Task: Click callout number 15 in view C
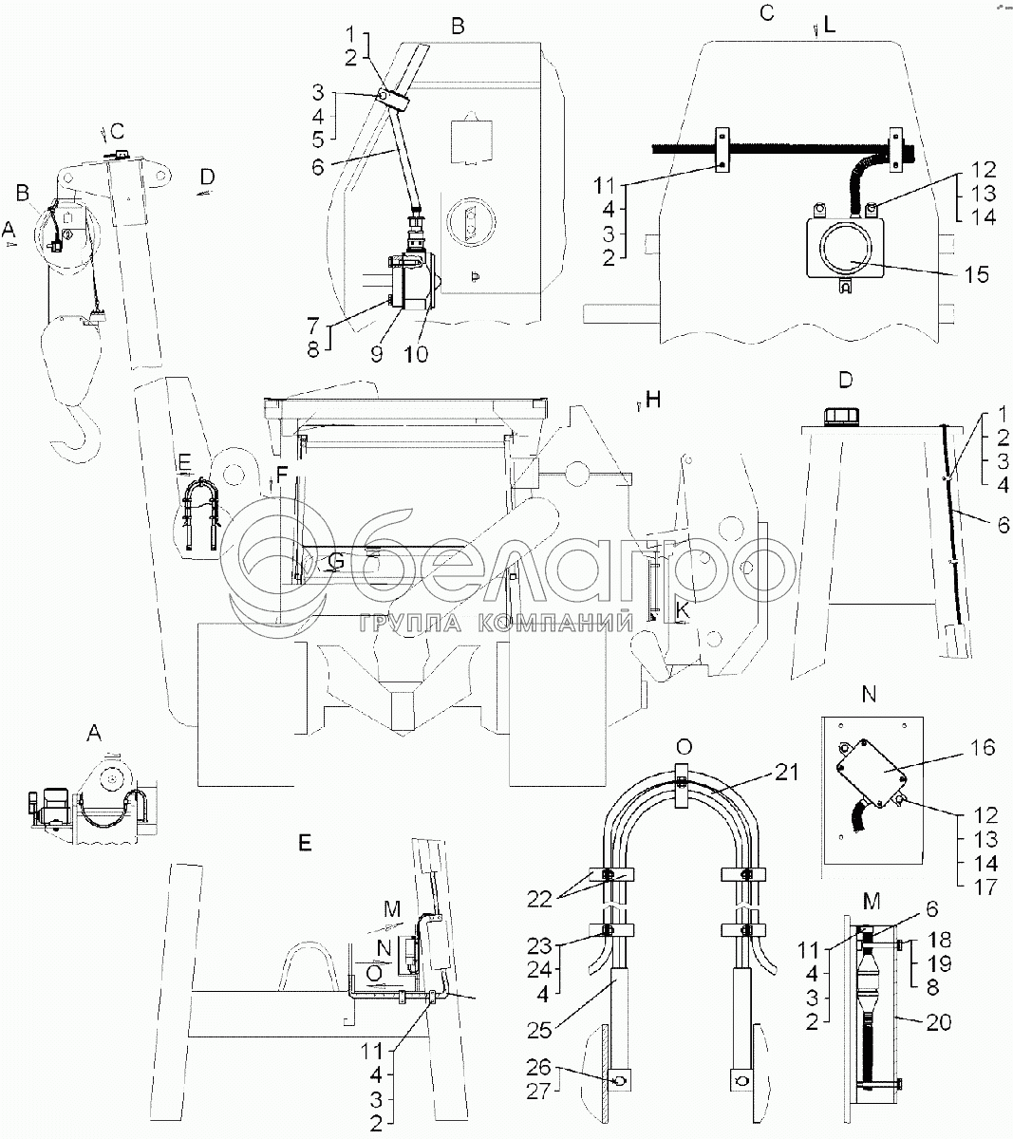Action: [975, 276]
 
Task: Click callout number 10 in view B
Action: [415, 353]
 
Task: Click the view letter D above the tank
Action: [846, 380]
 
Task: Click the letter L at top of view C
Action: [829, 27]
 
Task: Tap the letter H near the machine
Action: [652, 401]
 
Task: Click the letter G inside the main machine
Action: [335, 562]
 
